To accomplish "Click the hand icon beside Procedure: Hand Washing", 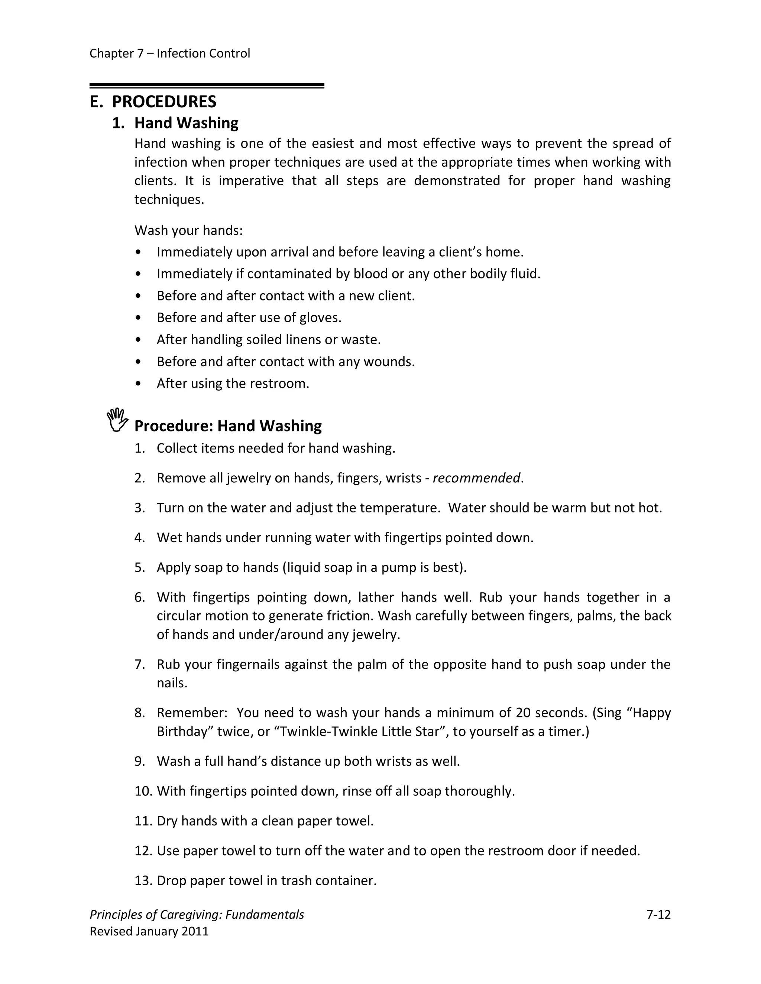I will (x=117, y=420).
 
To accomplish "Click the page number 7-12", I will (x=658, y=915).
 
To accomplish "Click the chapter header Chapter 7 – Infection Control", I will (x=169, y=53).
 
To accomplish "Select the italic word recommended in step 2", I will (x=476, y=478).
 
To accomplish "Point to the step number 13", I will (x=142, y=880).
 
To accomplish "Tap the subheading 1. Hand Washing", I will (x=175, y=123).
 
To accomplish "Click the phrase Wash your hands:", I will (x=188, y=231).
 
